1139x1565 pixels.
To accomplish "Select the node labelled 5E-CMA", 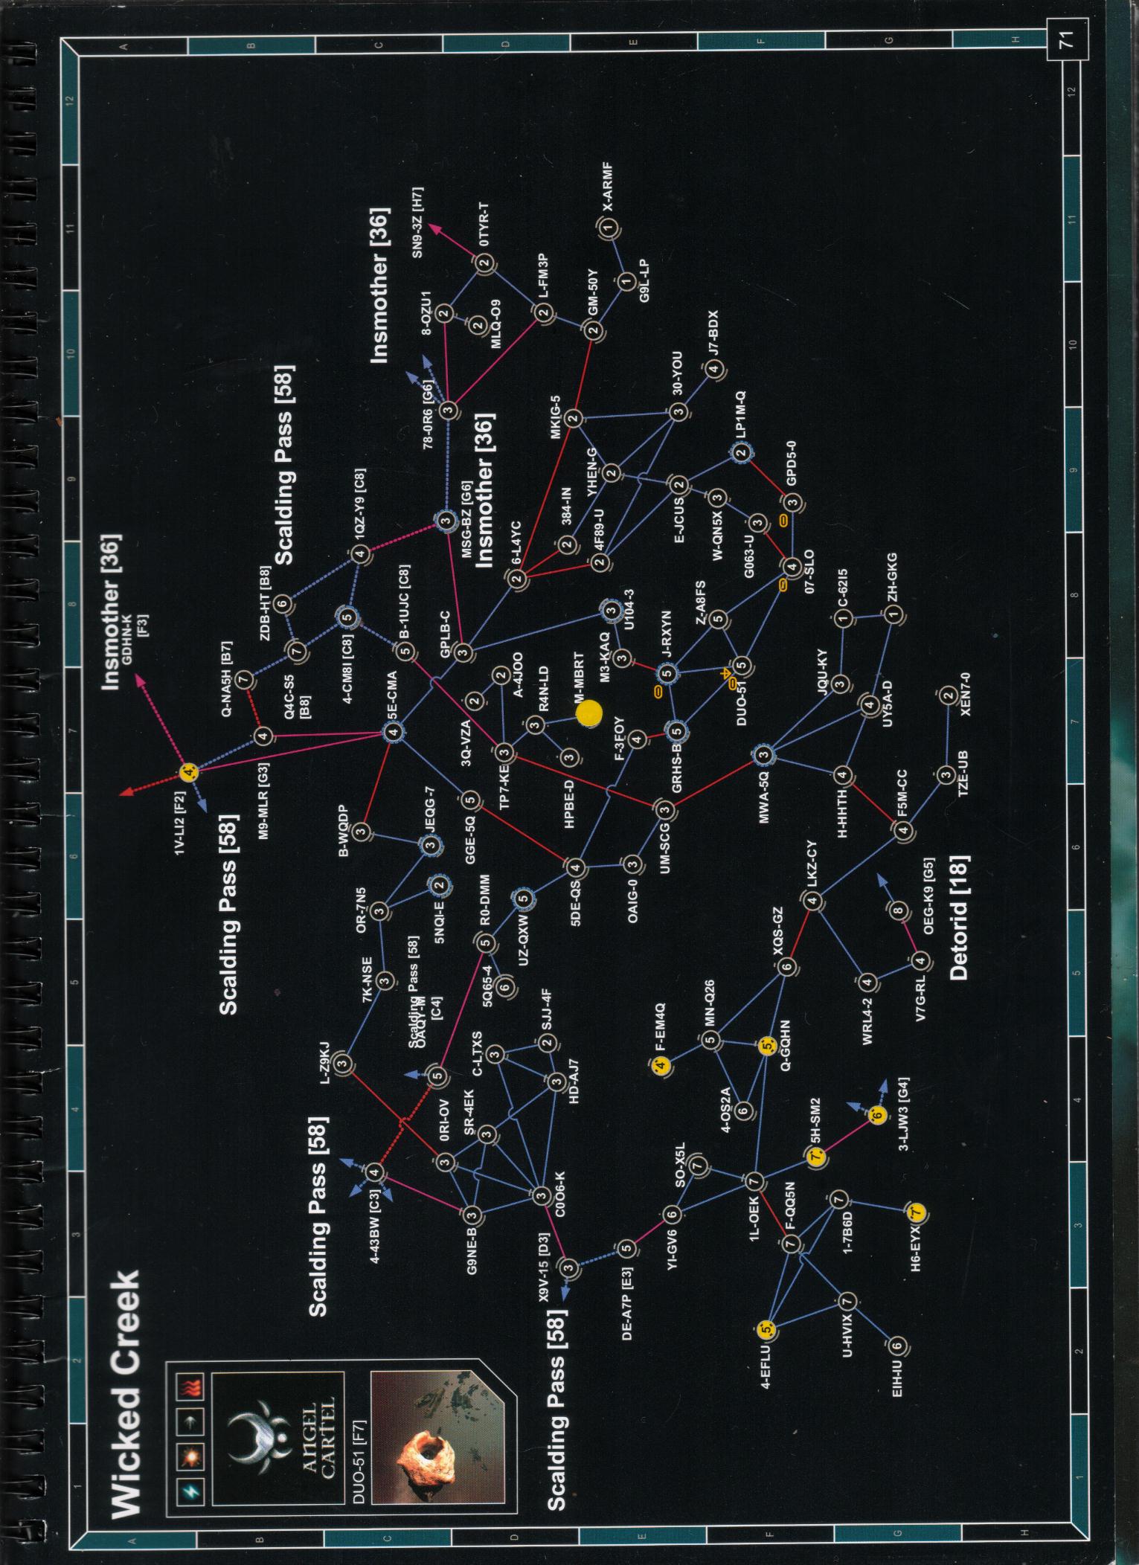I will click(394, 733).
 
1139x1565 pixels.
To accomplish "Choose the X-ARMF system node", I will click(609, 228).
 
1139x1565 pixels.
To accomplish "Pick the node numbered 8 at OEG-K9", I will click(899, 910).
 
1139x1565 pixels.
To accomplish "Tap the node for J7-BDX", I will click(713, 369).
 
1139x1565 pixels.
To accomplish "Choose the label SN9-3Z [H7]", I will click(417, 222).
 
